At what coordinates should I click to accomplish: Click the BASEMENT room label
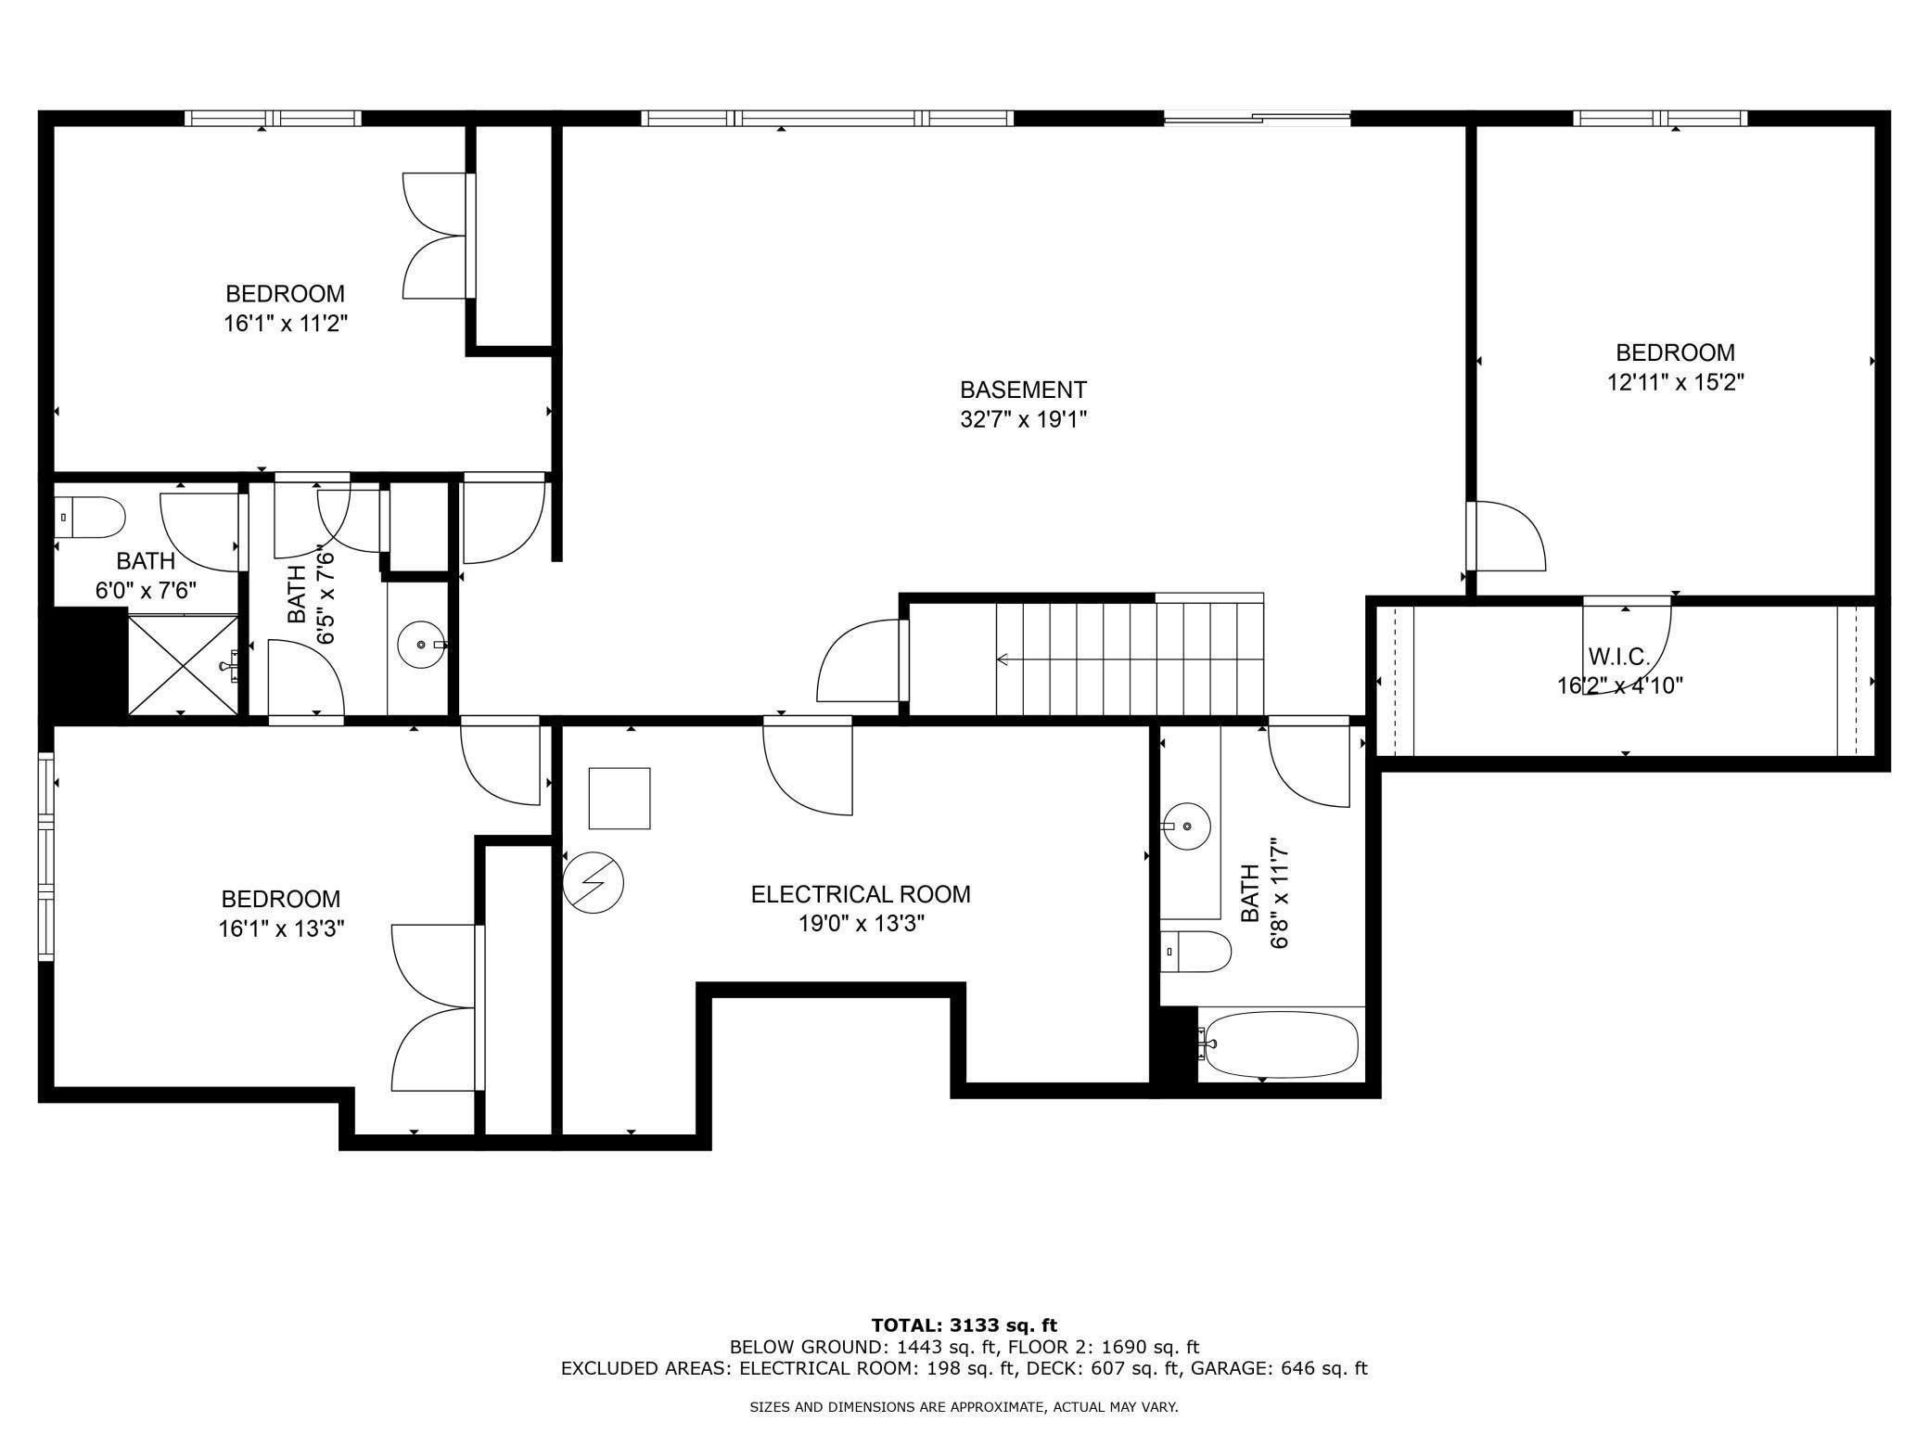(x=1023, y=390)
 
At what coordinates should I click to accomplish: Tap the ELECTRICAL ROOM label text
(x=860, y=894)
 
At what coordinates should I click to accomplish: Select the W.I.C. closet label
(x=1618, y=658)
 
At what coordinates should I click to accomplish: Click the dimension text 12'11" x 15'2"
(x=1675, y=382)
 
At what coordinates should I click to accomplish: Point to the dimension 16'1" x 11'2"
(x=285, y=324)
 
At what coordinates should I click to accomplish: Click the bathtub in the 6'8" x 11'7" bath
(x=1281, y=1044)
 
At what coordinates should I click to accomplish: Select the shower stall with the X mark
(x=183, y=665)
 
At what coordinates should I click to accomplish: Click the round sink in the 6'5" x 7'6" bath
(x=422, y=644)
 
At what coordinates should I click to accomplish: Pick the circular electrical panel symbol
(x=594, y=882)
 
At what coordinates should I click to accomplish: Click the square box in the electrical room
(x=620, y=798)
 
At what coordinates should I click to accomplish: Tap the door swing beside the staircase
(x=859, y=661)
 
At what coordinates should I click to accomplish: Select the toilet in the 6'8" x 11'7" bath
(x=1195, y=952)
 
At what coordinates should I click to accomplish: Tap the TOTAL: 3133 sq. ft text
(x=964, y=1325)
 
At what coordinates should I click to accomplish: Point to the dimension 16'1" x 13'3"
(x=281, y=928)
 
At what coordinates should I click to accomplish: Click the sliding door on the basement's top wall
(x=1257, y=118)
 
